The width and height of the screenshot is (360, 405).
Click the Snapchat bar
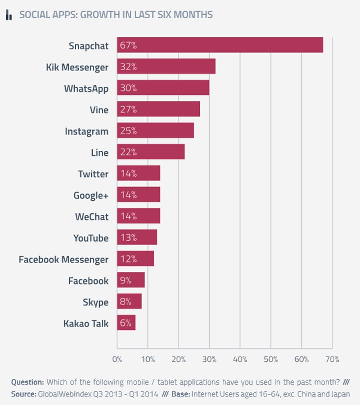pos(220,45)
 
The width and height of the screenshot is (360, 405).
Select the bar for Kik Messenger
pos(166,67)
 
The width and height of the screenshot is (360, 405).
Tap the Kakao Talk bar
pos(126,323)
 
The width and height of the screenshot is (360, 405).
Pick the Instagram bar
pos(155,131)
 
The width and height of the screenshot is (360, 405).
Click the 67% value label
pos(128,45)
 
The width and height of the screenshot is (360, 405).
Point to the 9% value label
pos(126,280)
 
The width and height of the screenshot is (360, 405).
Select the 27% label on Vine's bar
pos(128,109)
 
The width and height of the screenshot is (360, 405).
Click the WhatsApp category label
pos(86,88)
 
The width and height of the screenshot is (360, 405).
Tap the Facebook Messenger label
pos(63,259)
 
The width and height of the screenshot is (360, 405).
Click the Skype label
pos(95,302)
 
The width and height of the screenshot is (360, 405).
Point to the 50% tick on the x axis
pos(270,360)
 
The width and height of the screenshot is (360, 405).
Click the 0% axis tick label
pos(117,360)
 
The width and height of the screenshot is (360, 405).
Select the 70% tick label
pos(332,360)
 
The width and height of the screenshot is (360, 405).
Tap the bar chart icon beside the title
pos(9,15)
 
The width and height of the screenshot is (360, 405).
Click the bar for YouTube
pos(137,238)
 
